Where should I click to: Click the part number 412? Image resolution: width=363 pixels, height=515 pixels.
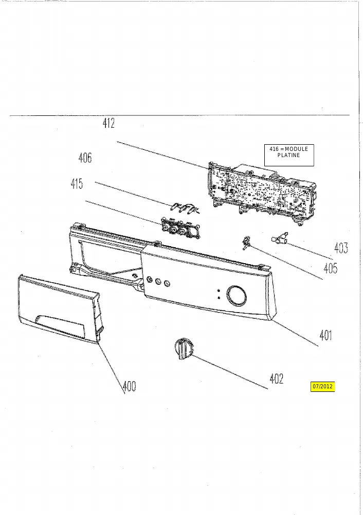[108, 123]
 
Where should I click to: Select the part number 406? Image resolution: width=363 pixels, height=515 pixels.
[85, 158]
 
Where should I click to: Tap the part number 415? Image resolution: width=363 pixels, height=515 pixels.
[77, 183]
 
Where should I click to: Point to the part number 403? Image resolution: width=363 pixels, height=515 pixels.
[341, 248]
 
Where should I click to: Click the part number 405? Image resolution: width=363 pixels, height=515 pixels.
[331, 268]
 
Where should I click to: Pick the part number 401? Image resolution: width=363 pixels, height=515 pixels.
[325, 335]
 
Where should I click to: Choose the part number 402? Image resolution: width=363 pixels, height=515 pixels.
[277, 379]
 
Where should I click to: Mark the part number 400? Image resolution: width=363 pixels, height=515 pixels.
[129, 386]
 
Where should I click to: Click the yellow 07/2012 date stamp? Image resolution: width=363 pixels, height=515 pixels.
[323, 386]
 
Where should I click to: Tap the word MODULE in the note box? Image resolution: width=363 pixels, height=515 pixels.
[297, 149]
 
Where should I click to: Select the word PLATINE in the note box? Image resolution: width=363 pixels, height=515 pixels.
[288, 156]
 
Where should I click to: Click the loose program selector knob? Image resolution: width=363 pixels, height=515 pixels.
[184, 349]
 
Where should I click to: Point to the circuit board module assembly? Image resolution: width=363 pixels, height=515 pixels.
[263, 193]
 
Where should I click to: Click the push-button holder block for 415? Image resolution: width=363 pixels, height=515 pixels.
[179, 228]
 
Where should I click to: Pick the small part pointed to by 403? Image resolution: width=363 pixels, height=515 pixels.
[280, 238]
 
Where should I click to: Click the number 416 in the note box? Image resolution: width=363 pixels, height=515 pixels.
[274, 149]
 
